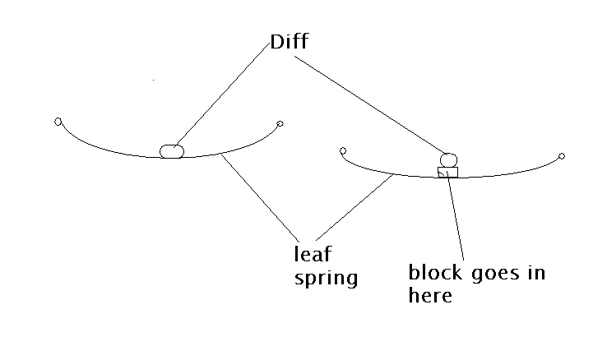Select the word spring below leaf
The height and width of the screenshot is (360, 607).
[327, 278]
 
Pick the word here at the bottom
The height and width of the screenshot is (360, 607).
[430, 295]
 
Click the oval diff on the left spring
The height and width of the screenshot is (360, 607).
[171, 150]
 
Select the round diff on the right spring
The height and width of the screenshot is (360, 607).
[448, 159]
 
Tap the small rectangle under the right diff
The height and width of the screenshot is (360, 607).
[447, 172]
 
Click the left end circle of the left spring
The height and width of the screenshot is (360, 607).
[58, 122]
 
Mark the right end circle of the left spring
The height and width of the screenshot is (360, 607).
[280, 124]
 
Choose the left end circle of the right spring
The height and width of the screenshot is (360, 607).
[342, 150]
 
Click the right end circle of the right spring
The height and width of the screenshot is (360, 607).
[562, 155]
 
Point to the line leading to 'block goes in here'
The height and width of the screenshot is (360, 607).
[457, 219]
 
